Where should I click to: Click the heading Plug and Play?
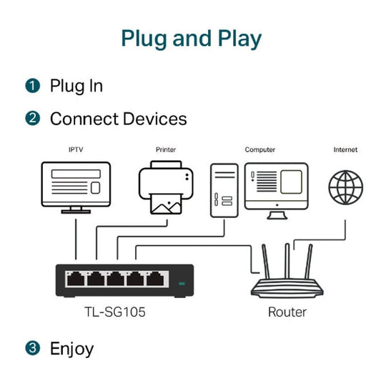[191, 38]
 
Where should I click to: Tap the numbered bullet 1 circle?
[32, 86]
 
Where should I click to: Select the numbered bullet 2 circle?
[32, 119]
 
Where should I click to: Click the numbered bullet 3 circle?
[32, 349]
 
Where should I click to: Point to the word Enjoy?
[71, 349]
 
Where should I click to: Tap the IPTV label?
[75, 150]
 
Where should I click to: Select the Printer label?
[165, 150]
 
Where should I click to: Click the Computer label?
[260, 150]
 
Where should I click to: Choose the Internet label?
[345, 150]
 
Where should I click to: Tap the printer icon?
[166, 187]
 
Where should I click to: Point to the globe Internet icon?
[345, 187]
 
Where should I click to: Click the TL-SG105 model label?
[117, 312]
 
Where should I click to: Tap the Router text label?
[287, 312]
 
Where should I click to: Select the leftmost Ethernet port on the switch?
[74, 279]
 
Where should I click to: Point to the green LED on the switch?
[181, 284]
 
